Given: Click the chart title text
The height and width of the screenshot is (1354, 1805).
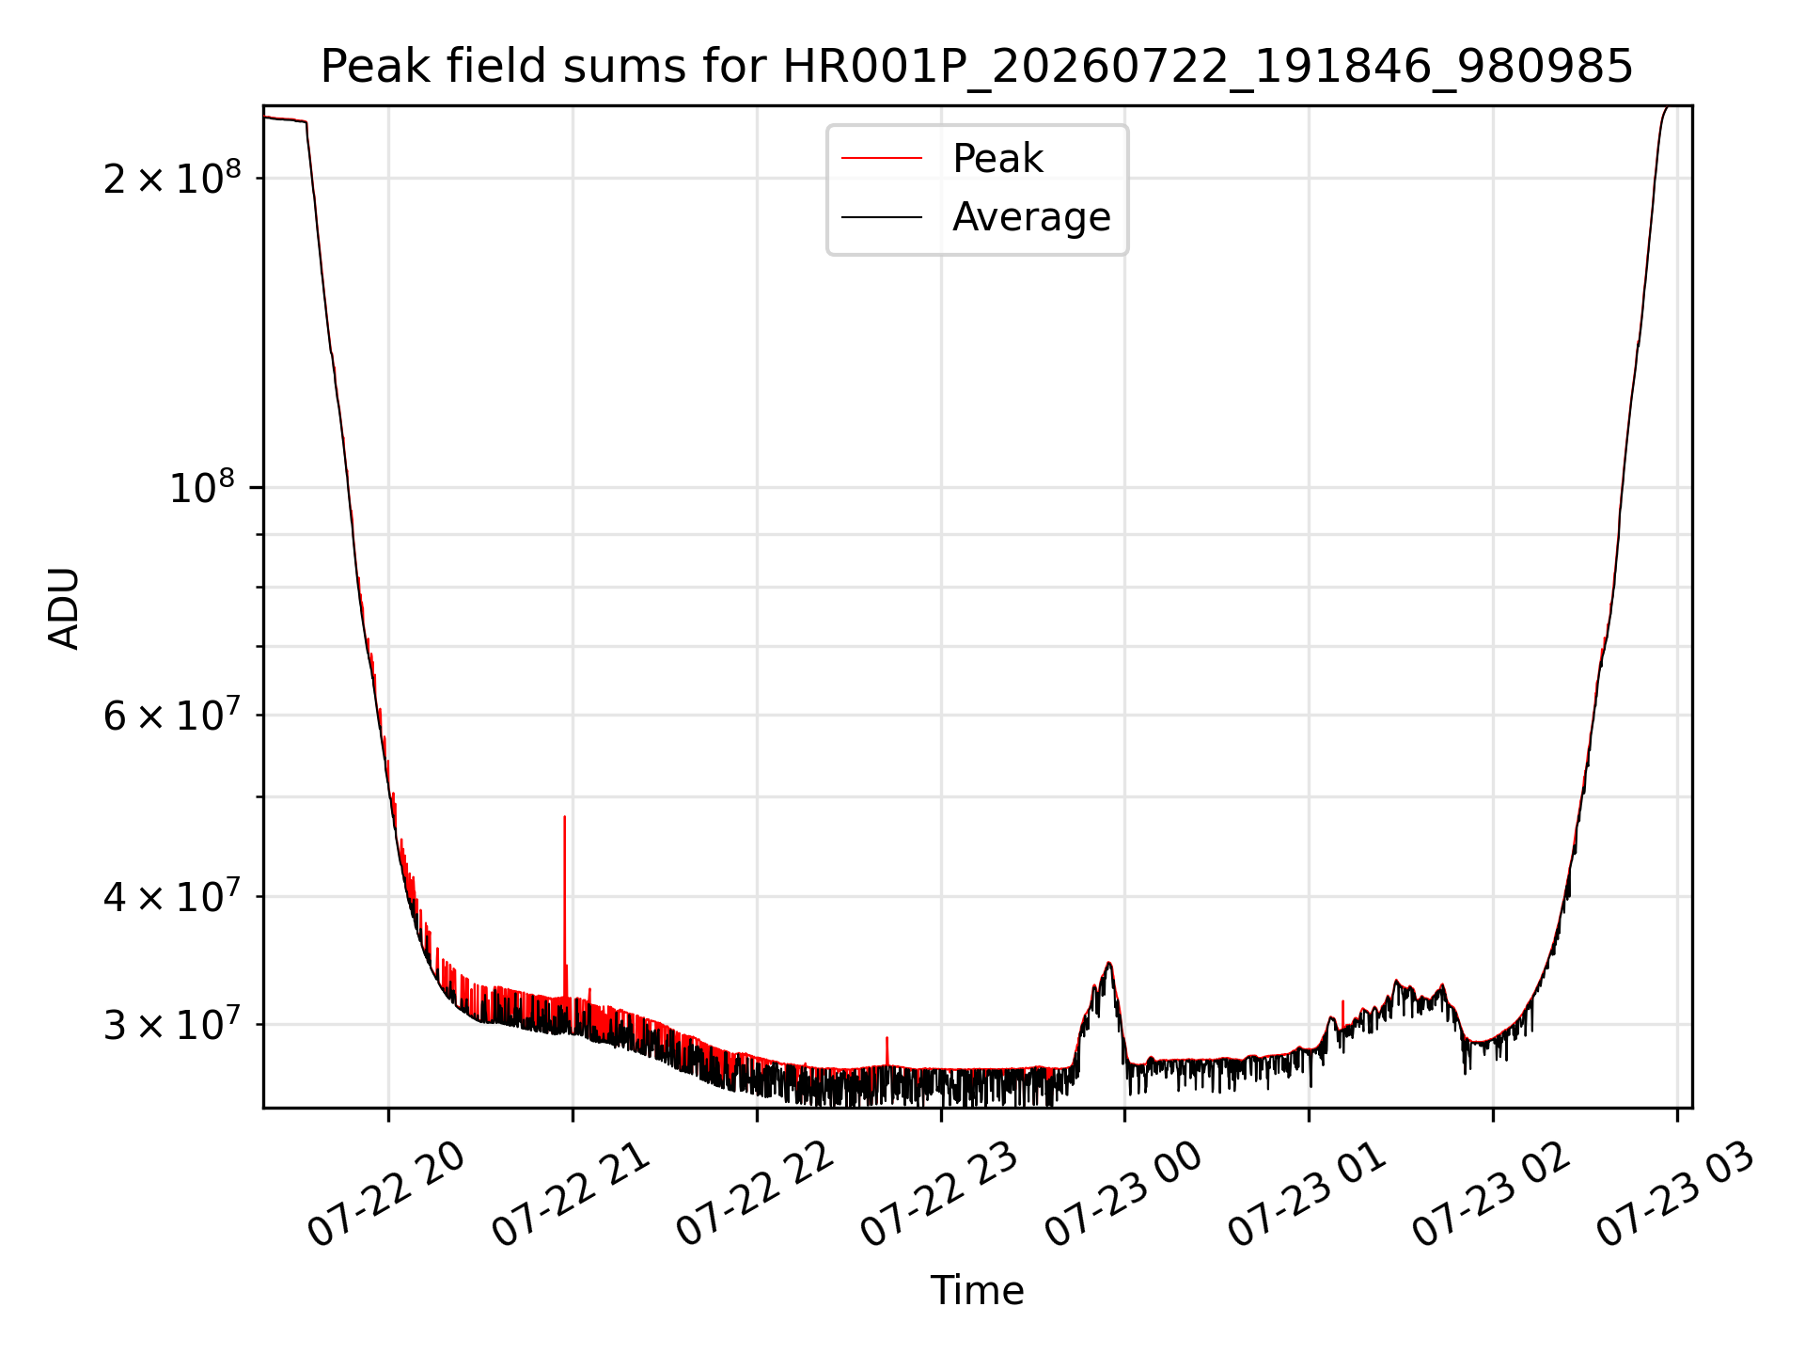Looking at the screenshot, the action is coord(977,67).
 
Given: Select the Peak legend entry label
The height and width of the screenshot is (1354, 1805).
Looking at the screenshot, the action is coord(997,158).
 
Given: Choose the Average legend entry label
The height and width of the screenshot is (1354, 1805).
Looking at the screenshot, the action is coord(1031,216).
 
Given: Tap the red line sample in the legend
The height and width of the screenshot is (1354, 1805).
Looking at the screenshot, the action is coord(882,158).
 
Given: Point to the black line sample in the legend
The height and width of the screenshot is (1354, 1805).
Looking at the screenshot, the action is coord(882,217).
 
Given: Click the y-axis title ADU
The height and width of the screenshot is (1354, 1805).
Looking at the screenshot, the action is coord(64,607).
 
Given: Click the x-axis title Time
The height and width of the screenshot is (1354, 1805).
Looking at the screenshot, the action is coord(977,1290).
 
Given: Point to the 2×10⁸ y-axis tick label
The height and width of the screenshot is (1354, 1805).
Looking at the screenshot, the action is coord(172,177).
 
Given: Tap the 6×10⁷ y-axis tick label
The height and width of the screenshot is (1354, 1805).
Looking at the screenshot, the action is coord(172,715).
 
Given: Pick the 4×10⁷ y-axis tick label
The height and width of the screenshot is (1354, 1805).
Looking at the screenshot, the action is coord(172,896).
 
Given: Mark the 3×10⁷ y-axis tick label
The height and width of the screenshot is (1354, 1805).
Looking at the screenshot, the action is coord(172,1024).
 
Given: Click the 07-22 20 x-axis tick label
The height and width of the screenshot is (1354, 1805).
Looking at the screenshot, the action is coord(386,1195).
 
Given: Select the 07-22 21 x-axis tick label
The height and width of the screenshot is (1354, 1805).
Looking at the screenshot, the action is coord(571,1195).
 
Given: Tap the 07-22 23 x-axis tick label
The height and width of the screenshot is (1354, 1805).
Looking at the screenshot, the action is coord(939,1195).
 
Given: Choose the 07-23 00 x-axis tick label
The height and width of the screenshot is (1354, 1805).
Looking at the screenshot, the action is coord(1123,1195).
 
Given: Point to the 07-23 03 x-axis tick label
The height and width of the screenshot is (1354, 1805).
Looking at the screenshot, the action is coord(1675,1195).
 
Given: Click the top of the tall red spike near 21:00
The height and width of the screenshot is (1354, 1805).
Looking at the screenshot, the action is coord(564,816).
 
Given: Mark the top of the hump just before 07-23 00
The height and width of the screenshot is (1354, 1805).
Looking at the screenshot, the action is coord(1109,963).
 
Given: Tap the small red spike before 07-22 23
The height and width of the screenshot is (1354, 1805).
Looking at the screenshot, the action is coord(887,1038).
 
